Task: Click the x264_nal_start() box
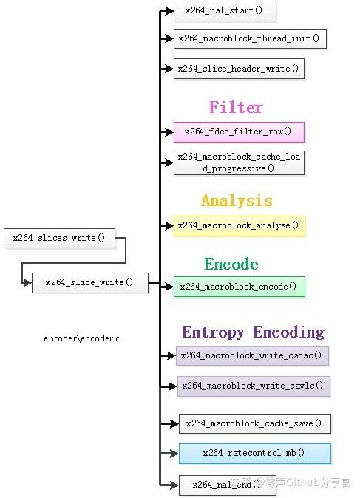(x=225, y=11)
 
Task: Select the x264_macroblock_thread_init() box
(x=250, y=38)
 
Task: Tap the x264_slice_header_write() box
(x=239, y=69)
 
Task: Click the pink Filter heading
(x=236, y=107)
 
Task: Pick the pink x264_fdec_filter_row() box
(x=239, y=132)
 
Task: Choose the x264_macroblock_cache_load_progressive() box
(x=239, y=163)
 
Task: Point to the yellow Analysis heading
(x=237, y=201)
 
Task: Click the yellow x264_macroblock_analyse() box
(x=240, y=226)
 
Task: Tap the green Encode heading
(x=231, y=265)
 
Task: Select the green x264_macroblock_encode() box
(x=240, y=287)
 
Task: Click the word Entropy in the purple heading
(x=213, y=332)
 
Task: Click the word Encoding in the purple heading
(x=289, y=332)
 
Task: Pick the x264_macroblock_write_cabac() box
(x=252, y=355)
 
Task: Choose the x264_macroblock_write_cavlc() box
(x=254, y=386)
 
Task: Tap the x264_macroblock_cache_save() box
(x=255, y=423)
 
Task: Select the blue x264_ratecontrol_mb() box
(x=255, y=454)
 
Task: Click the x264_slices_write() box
(x=59, y=238)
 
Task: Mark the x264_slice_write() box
(x=90, y=283)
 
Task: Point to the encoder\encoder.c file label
(x=81, y=338)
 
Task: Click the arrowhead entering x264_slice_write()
(x=27, y=282)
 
